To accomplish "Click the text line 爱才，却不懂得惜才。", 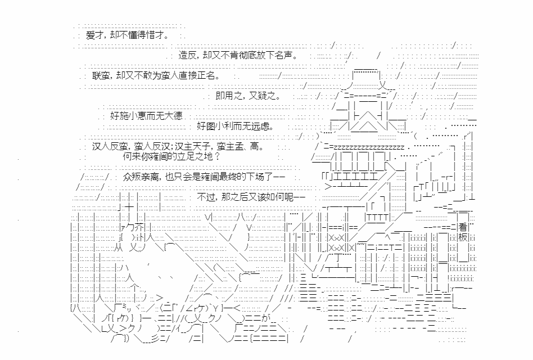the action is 127,35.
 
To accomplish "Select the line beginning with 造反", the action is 238,55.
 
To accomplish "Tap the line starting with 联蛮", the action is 156,75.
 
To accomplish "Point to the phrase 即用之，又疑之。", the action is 249,96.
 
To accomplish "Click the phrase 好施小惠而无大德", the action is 146,116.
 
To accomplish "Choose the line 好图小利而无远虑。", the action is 235,126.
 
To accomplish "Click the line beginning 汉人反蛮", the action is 178,146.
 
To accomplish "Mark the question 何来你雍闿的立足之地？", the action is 171,156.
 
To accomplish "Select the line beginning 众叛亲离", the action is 204,177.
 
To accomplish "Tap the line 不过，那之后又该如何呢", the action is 251,197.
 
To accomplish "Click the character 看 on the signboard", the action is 463,227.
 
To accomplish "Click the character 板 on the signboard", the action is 463,237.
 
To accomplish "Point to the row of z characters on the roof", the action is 369,147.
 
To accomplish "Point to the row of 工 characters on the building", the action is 355,177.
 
